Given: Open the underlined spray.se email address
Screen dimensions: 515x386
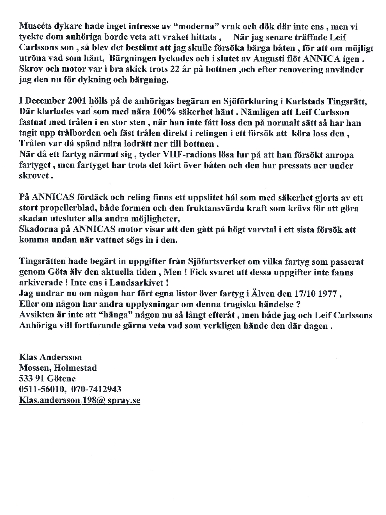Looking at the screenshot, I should pyautogui.click(x=79, y=400).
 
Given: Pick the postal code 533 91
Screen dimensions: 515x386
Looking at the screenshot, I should pyautogui.click(x=32, y=378).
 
